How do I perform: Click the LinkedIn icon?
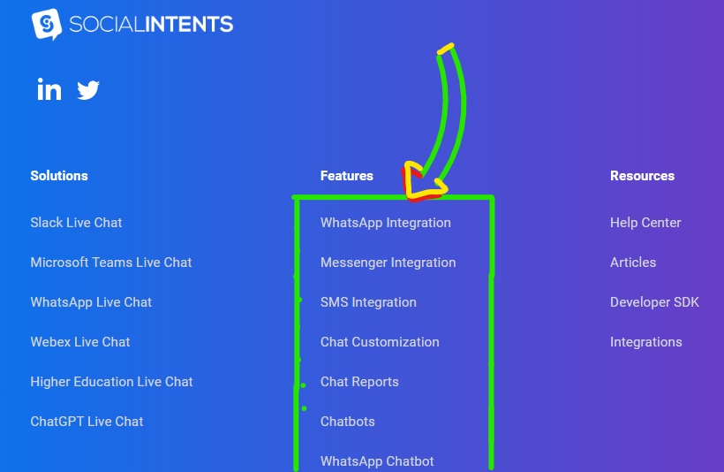pos(49,89)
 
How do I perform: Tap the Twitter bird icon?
pos(88,90)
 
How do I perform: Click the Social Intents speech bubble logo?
pos(47,24)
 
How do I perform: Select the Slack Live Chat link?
pos(76,223)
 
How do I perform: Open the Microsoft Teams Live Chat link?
pos(111,263)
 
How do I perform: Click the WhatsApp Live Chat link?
pos(91,302)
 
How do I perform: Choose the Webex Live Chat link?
pos(80,342)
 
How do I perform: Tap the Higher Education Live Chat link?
pos(111,382)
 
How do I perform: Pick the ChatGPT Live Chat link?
pos(87,422)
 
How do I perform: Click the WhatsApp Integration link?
pos(386,223)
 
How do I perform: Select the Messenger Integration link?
pos(388,263)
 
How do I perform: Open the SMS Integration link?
pos(368,302)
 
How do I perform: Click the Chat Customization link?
pos(380,342)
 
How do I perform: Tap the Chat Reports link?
pos(359,382)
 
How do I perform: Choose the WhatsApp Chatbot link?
pos(377,461)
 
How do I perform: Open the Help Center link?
pos(645,223)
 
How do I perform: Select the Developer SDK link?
pos(654,302)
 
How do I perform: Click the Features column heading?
pos(347,176)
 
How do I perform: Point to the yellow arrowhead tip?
pos(409,196)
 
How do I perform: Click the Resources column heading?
pos(642,176)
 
